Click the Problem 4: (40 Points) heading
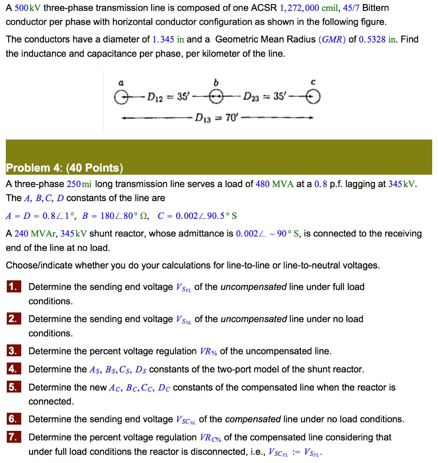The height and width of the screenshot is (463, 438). tap(64, 168)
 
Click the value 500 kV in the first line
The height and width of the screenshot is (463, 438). tap(28, 8)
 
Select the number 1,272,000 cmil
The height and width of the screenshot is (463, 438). tap(306, 8)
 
